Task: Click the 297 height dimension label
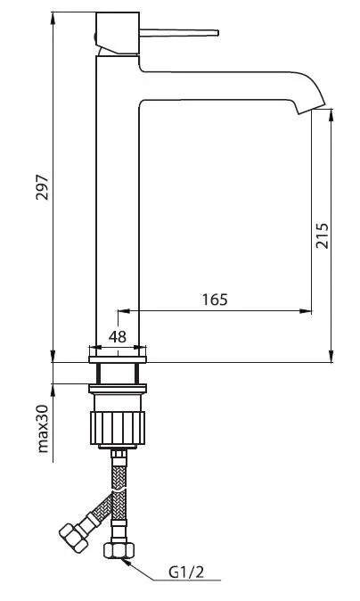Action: [x=42, y=187]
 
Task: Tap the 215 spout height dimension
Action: [x=322, y=235]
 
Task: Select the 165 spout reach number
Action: [x=215, y=300]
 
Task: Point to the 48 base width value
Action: [x=118, y=336]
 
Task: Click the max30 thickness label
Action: [x=44, y=429]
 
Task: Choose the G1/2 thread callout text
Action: [x=186, y=572]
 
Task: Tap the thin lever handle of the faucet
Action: [x=179, y=33]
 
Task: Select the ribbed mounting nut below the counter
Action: [x=118, y=428]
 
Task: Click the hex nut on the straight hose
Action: [x=119, y=549]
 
